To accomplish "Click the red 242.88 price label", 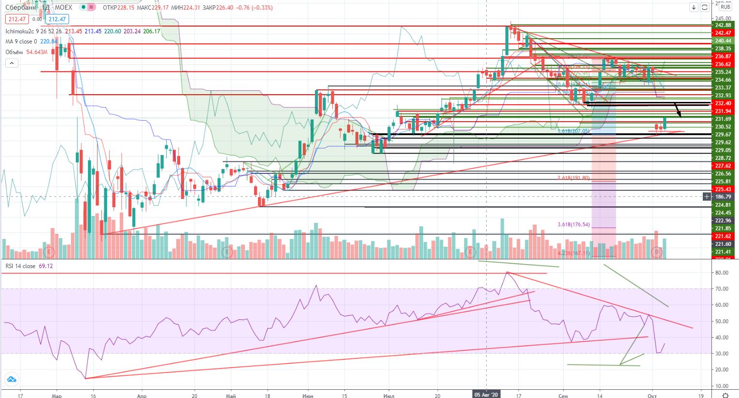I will click(x=723, y=25).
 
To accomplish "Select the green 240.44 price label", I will click(x=723, y=41).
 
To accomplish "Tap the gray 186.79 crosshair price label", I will click(x=723, y=197).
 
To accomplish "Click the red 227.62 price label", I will click(x=723, y=166).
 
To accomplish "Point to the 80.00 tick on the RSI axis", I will click(x=722, y=273).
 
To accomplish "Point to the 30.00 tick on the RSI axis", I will click(x=722, y=354).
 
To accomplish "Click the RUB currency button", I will click(x=725, y=7).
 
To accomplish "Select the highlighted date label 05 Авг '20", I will click(x=486, y=395).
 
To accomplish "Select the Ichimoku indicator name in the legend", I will click(x=20, y=31).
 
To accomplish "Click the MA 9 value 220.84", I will click(x=49, y=42).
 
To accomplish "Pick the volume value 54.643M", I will click(x=37, y=52).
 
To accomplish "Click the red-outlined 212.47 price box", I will click(x=17, y=19).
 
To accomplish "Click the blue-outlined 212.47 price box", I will click(x=57, y=19).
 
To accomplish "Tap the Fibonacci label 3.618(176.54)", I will click(x=573, y=225).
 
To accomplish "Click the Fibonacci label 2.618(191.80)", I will click(x=573, y=178).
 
